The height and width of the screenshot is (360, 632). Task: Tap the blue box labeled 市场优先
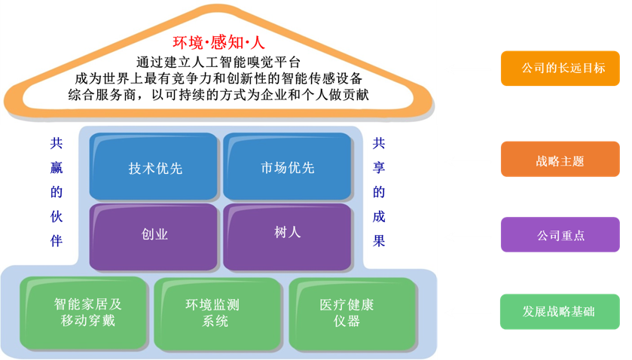click(x=288, y=167)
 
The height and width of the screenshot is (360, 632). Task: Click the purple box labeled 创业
click(x=155, y=234)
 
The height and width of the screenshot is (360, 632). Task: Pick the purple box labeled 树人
click(x=288, y=233)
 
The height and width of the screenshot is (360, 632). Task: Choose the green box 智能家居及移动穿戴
click(x=84, y=313)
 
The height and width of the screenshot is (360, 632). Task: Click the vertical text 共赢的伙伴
click(x=56, y=191)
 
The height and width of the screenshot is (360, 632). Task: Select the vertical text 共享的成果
click(x=379, y=191)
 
